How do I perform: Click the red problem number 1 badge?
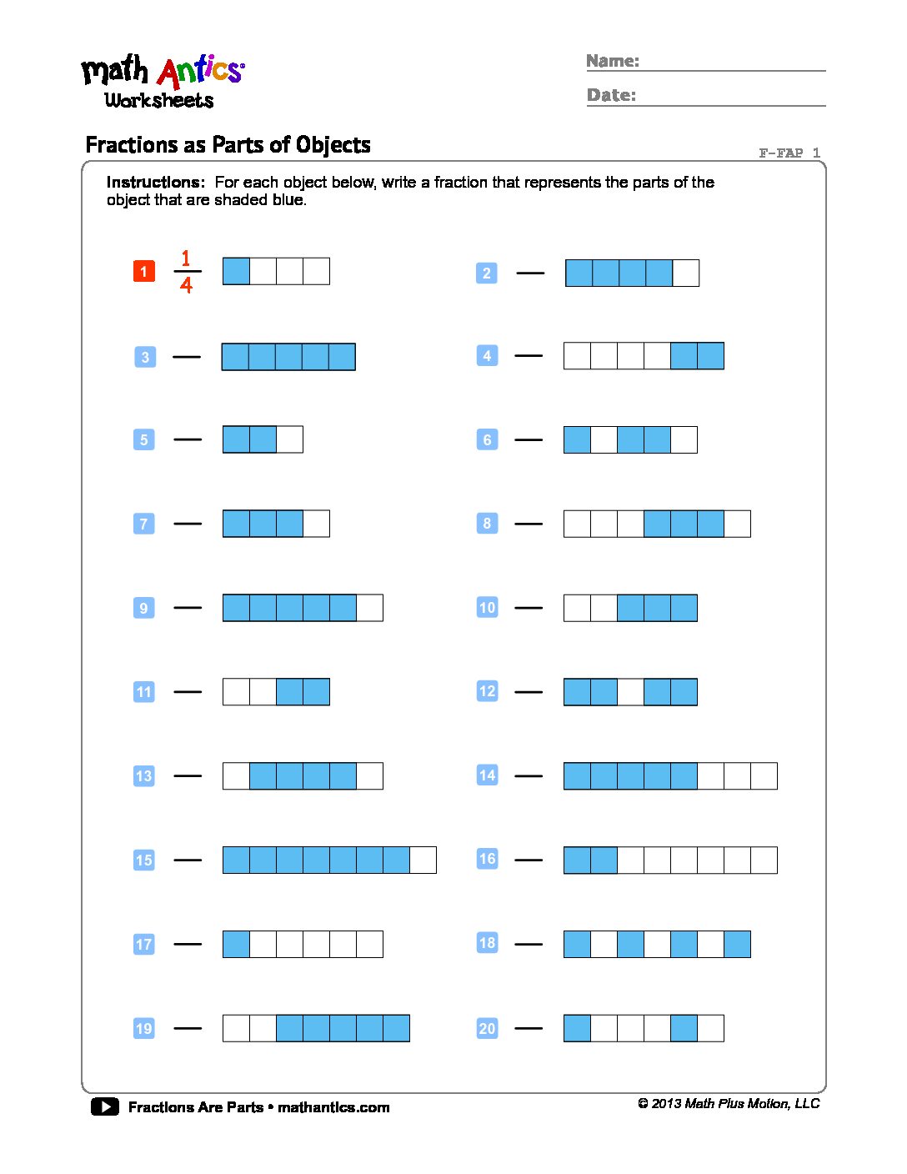(144, 271)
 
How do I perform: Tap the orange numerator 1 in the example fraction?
(186, 258)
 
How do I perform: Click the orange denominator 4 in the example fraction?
(186, 285)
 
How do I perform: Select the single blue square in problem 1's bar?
(236, 271)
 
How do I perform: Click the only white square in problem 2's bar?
(685, 273)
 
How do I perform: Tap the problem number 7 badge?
(144, 524)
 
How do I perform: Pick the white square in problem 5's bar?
(289, 439)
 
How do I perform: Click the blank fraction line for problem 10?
(529, 608)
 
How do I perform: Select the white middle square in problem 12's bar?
(630, 692)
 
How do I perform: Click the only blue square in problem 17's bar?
(236, 944)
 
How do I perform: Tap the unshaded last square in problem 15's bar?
(423, 860)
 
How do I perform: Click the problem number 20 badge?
(487, 1028)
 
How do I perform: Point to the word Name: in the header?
(613, 61)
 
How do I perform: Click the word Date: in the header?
(611, 95)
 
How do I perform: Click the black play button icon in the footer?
(105, 1106)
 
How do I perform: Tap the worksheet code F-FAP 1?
(789, 153)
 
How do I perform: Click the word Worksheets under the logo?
(159, 100)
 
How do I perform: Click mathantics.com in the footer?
(333, 1107)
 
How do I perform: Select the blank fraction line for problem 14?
(529, 776)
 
